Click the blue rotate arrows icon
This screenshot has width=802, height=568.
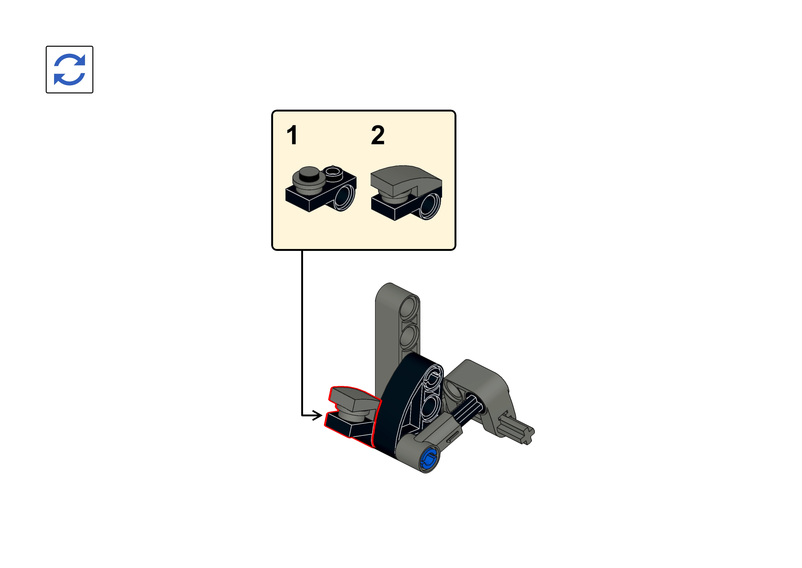(70, 70)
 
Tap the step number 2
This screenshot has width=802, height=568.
(378, 135)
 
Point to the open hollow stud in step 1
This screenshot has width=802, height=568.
(333, 171)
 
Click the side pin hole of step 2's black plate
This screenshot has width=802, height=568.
(430, 206)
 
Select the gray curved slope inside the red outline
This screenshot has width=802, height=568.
(355, 398)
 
